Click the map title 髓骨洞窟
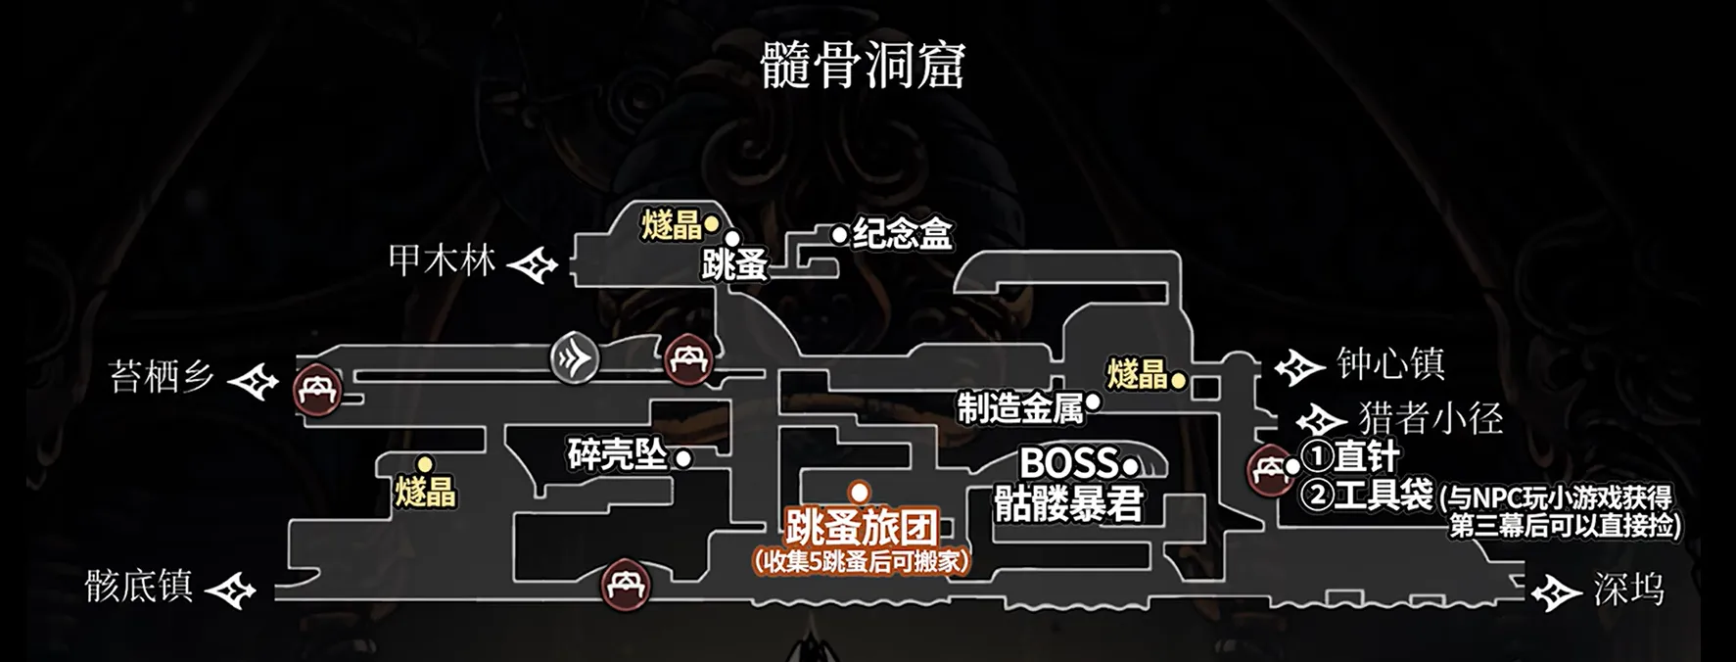pyautogui.click(x=863, y=66)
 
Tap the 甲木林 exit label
pyautogui.click(x=442, y=260)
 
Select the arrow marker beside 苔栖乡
pyautogui.click(x=254, y=380)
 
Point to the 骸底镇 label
pyautogui.click(x=138, y=587)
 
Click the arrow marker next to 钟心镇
pyautogui.click(x=1299, y=368)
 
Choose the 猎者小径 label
pyautogui.click(x=1431, y=419)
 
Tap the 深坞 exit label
pyautogui.click(x=1628, y=591)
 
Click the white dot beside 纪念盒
pyautogui.click(x=839, y=235)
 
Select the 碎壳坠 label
pyautogui.click(x=617, y=455)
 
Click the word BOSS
pyautogui.click(x=1068, y=463)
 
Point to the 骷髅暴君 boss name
pyautogui.click(x=1068, y=505)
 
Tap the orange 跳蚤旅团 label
pyautogui.click(x=862, y=529)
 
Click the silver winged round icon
pyautogui.click(x=575, y=357)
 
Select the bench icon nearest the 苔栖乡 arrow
pyautogui.click(x=317, y=391)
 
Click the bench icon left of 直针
pyautogui.click(x=1270, y=470)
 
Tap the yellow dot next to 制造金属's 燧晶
pyautogui.click(x=1179, y=380)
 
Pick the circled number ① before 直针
pyautogui.click(x=1317, y=456)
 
